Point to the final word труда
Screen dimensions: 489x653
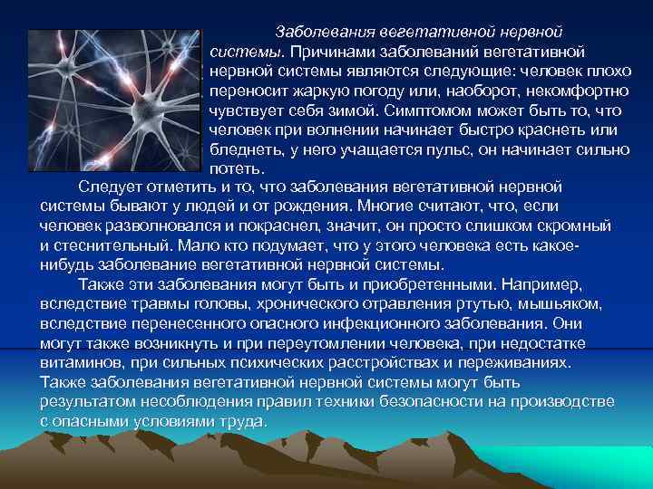point(238,421)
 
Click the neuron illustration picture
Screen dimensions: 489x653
point(112,100)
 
